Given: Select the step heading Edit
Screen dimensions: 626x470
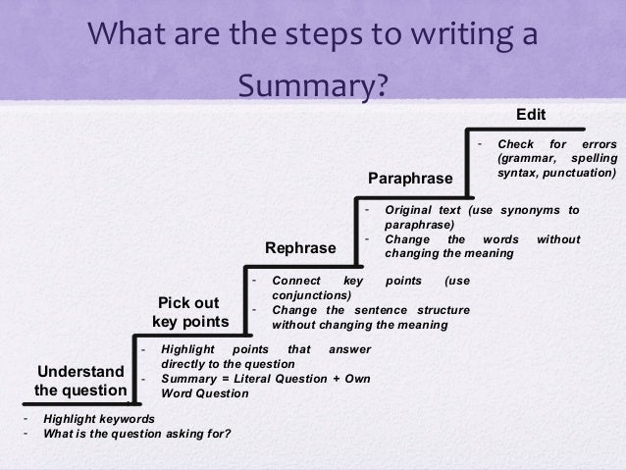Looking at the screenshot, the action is [531, 113].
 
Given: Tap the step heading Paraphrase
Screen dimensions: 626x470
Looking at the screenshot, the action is [410, 179].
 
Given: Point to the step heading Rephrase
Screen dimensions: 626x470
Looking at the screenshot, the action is [300, 248].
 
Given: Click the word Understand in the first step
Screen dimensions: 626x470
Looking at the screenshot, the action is [80, 370].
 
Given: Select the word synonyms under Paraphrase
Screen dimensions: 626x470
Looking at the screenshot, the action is [531, 210].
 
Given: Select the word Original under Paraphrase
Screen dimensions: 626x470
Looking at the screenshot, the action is [410, 210].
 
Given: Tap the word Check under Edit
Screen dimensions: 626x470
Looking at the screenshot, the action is [516, 144].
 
